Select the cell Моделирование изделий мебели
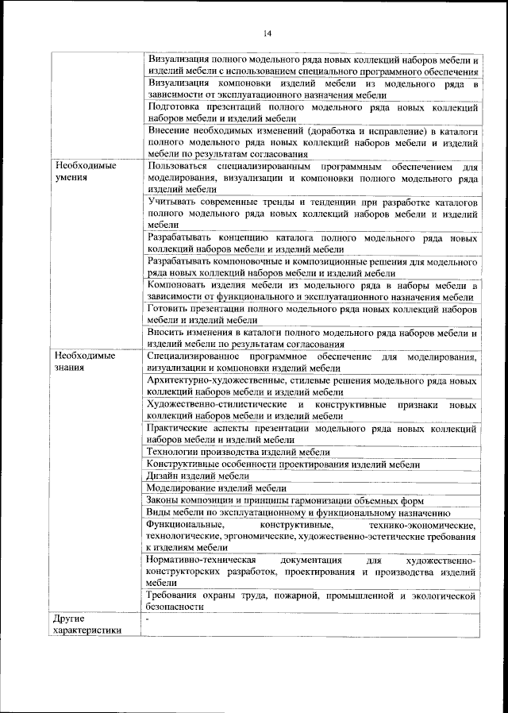216,488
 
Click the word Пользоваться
175,166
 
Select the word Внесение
171,129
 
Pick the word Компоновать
178,284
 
